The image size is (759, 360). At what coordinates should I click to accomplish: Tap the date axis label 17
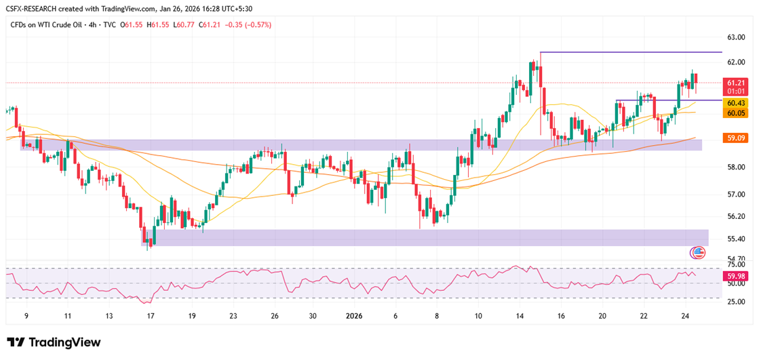(x=151, y=316)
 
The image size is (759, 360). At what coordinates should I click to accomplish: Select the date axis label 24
(x=685, y=316)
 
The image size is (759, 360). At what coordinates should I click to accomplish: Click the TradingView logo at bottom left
(x=54, y=342)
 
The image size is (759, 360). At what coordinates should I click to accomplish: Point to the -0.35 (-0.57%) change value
(x=254, y=24)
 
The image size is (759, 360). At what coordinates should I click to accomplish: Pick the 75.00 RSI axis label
(x=736, y=264)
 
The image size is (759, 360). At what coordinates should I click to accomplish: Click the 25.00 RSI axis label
(x=736, y=302)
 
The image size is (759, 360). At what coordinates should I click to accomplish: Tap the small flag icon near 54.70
(x=699, y=252)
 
